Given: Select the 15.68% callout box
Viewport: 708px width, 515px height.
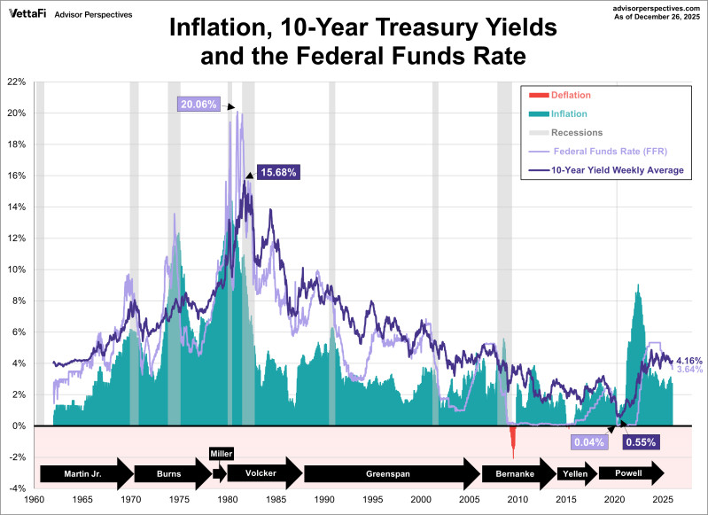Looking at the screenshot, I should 277,172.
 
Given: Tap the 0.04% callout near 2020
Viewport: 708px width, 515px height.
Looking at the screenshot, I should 588,441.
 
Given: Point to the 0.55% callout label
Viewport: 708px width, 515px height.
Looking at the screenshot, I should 639,441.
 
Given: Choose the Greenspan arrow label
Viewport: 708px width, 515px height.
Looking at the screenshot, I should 388,473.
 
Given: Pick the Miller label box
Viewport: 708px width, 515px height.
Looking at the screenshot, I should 222,454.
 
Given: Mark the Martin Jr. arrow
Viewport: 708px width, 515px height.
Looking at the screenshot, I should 84,473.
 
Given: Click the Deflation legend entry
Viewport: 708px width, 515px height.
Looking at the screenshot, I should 570,95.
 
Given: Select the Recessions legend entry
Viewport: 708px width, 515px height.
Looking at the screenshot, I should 576,133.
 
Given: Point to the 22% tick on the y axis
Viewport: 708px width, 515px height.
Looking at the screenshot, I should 15,82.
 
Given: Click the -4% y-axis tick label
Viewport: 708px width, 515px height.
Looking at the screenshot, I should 15,488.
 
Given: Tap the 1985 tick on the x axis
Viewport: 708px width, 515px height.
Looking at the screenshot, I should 276,500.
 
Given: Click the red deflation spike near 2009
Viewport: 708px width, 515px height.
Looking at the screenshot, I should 512,438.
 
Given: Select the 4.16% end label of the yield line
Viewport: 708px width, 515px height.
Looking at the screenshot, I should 689,361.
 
